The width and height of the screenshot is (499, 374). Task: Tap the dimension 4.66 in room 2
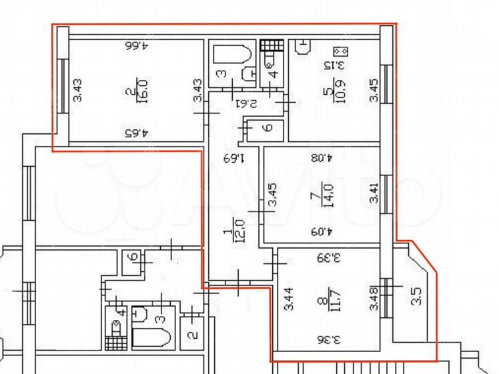pyautogui.click(x=137, y=45)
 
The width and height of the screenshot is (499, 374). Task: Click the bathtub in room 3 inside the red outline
pyautogui.click(x=232, y=55)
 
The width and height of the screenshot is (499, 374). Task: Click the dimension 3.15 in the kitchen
pyautogui.click(x=334, y=65)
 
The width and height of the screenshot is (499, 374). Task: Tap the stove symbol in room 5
pyautogui.click(x=340, y=51)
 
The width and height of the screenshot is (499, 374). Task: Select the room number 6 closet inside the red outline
pyautogui.click(x=268, y=128)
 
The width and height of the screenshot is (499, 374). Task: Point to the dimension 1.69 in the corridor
pyautogui.click(x=233, y=157)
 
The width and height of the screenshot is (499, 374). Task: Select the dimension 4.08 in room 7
pyautogui.click(x=322, y=157)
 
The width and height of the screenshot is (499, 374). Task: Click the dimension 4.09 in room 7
pyautogui.click(x=322, y=231)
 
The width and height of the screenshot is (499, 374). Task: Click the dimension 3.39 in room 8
pyautogui.click(x=328, y=257)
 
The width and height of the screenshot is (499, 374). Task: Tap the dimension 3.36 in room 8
pyautogui.click(x=328, y=339)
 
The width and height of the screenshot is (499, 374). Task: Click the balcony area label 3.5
pyautogui.click(x=416, y=296)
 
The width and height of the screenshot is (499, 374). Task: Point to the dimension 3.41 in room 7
pyautogui.click(x=374, y=193)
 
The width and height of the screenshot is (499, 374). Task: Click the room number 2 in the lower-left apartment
pyautogui.click(x=192, y=335)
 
